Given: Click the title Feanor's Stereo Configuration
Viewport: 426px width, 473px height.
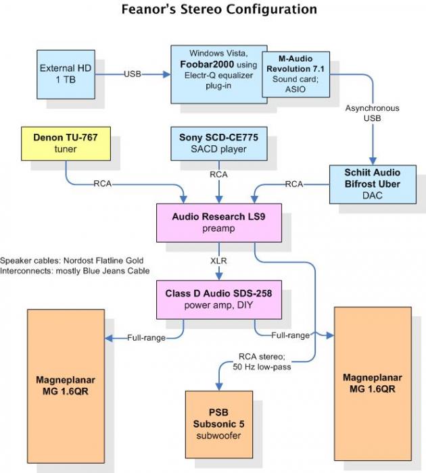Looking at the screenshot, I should tap(218, 9).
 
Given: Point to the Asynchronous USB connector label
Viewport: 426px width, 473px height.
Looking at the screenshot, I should tap(372, 113).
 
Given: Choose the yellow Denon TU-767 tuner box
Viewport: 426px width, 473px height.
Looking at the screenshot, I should tap(66, 143).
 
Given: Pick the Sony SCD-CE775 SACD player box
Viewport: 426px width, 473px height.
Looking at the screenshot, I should tap(218, 143).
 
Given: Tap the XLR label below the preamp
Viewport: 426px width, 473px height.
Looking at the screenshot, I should tap(218, 261).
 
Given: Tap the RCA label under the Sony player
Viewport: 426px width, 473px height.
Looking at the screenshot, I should tap(218, 174).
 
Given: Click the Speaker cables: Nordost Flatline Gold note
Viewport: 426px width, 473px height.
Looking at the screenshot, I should tap(72, 260).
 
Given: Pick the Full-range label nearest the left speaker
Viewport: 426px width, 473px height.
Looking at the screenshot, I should tap(147, 337).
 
